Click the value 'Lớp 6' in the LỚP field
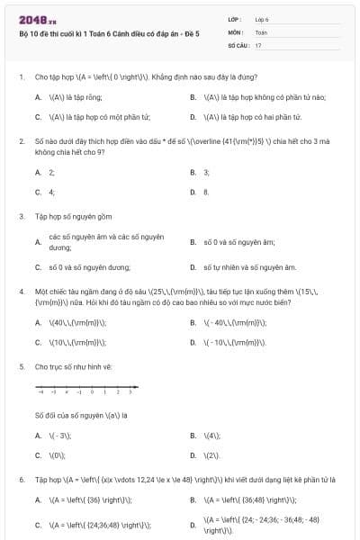[x=262, y=18]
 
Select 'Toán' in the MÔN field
[x=261, y=31]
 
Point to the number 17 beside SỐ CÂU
[x=258, y=45]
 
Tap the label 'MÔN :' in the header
[x=236, y=31]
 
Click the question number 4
[x=21, y=292]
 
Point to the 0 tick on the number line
[x=92, y=392]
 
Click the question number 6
[x=21, y=480]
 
